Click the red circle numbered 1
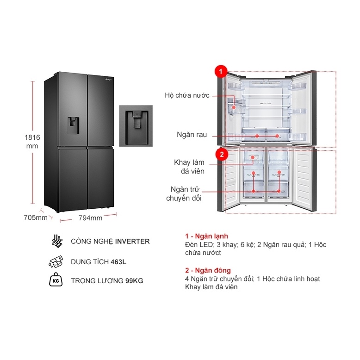[x=221, y=72]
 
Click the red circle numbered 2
[x=222, y=155]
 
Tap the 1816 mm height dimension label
[x=32, y=141]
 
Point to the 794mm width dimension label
[x=90, y=218]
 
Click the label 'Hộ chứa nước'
[x=187, y=95]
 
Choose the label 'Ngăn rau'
[x=192, y=135]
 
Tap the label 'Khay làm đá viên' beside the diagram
[x=189, y=167]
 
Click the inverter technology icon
[x=57, y=241]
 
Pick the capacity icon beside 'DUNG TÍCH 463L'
[x=57, y=262]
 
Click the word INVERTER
[x=132, y=241]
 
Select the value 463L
[x=118, y=262]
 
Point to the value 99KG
[x=134, y=281]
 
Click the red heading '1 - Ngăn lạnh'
[x=206, y=236]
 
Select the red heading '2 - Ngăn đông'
[x=207, y=270]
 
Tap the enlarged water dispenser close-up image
[x=136, y=126]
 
